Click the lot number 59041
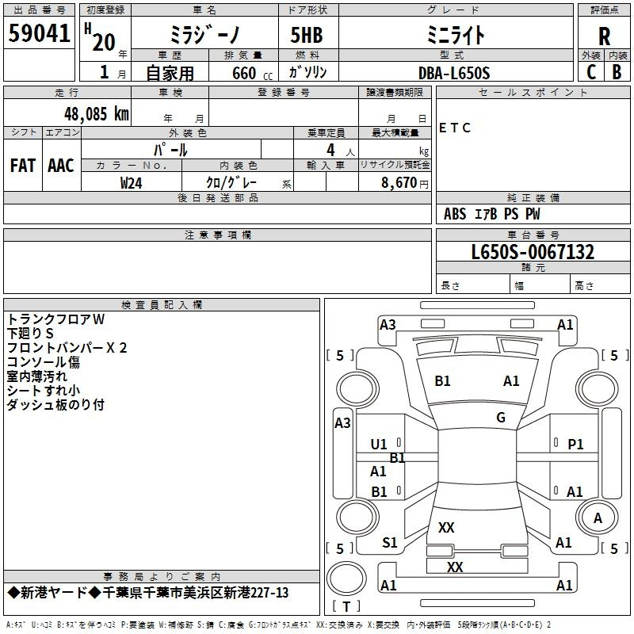pyautogui.click(x=39, y=33)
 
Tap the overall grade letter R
pyautogui.click(x=604, y=36)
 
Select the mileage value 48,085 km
pyautogui.click(x=96, y=114)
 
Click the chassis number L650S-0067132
pyautogui.click(x=533, y=252)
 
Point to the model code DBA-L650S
pyautogui.click(x=454, y=73)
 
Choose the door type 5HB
pyautogui.click(x=307, y=35)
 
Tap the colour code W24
pyautogui.click(x=131, y=183)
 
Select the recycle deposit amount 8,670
pyautogui.click(x=399, y=183)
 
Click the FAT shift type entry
pyautogui.click(x=23, y=166)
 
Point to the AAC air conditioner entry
pyautogui.click(x=61, y=166)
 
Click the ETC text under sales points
pyautogui.click(x=454, y=128)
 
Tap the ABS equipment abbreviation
pyautogui.click(x=455, y=214)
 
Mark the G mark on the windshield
pyautogui.click(x=501, y=418)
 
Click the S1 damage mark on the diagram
pyautogui.click(x=390, y=543)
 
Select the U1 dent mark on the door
pyautogui.click(x=379, y=445)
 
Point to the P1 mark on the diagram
pyautogui.click(x=575, y=445)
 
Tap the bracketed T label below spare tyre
pyautogui.click(x=346, y=606)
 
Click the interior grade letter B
pyautogui.click(x=617, y=72)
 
